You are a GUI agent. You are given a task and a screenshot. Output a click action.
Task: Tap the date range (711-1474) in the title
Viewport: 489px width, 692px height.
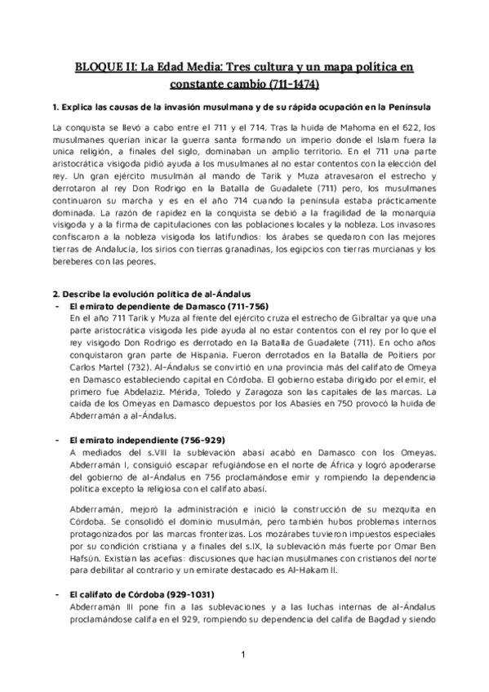tap(291, 84)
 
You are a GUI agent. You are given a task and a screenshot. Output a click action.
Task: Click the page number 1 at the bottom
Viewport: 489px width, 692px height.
tap(243, 656)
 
